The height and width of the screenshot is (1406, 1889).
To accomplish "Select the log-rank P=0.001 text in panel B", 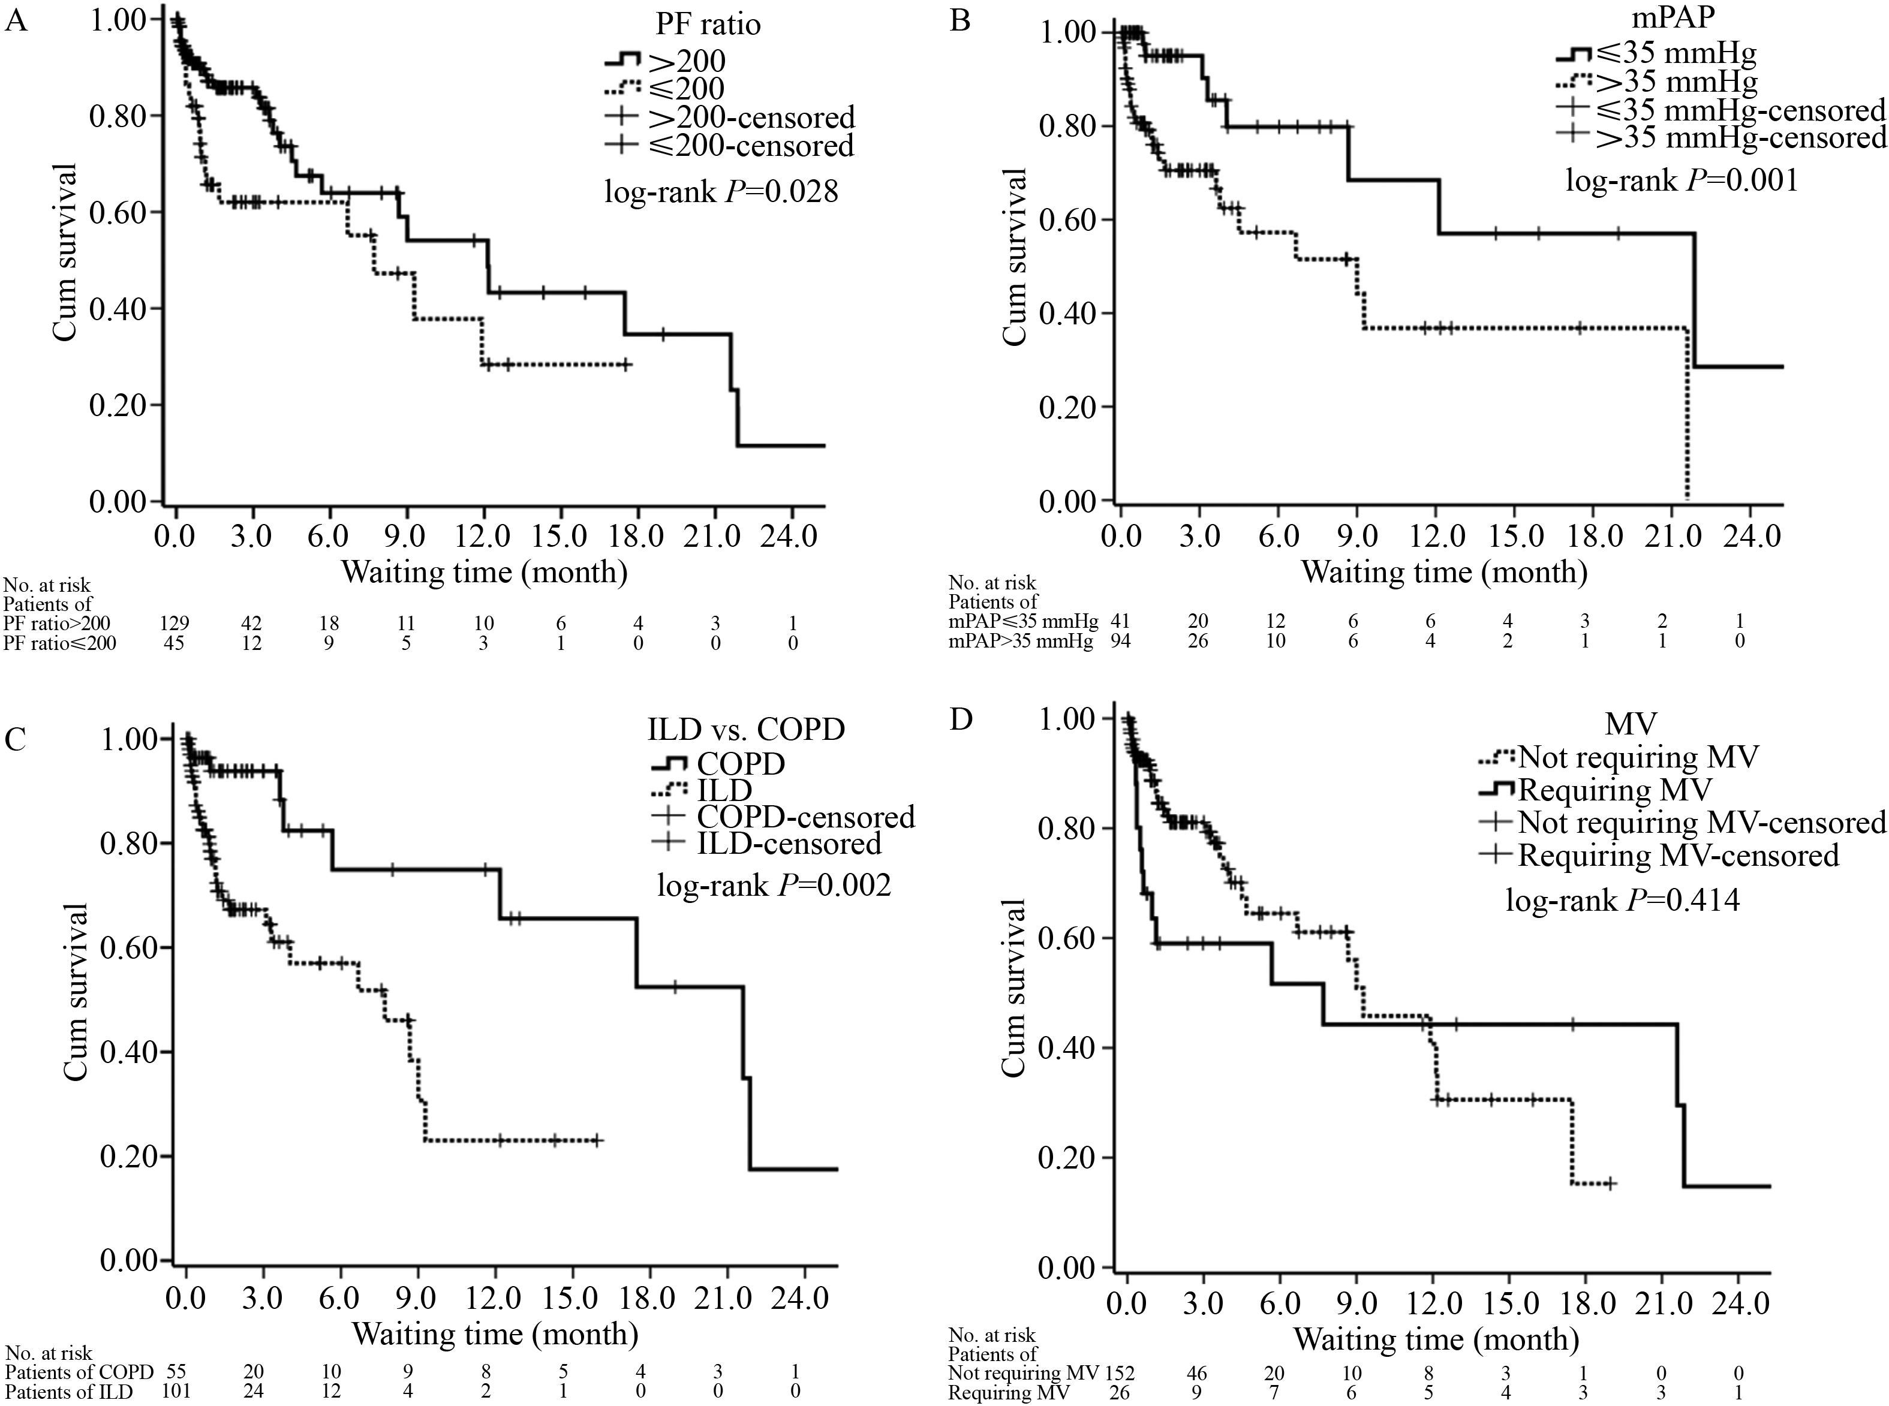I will click(x=1682, y=180).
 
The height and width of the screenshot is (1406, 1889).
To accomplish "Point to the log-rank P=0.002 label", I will click(x=774, y=886).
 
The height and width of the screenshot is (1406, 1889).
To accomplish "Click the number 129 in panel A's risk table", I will click(x=175, y=623).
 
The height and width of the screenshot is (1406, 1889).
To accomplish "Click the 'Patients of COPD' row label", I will click(x=79, y=1372).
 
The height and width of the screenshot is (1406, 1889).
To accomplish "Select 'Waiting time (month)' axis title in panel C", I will click(x=495, y=1333).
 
